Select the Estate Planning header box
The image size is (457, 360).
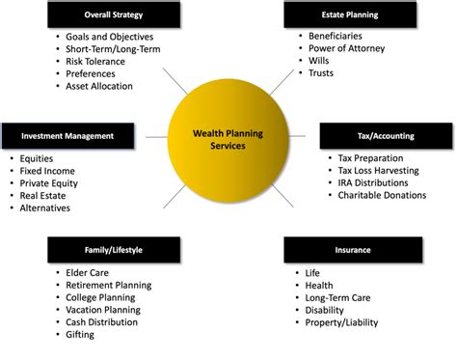pos(348,14)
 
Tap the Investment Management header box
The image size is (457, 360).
pos(67,136)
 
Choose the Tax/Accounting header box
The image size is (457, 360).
pos(385,136)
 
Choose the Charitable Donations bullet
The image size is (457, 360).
pos(382,195)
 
